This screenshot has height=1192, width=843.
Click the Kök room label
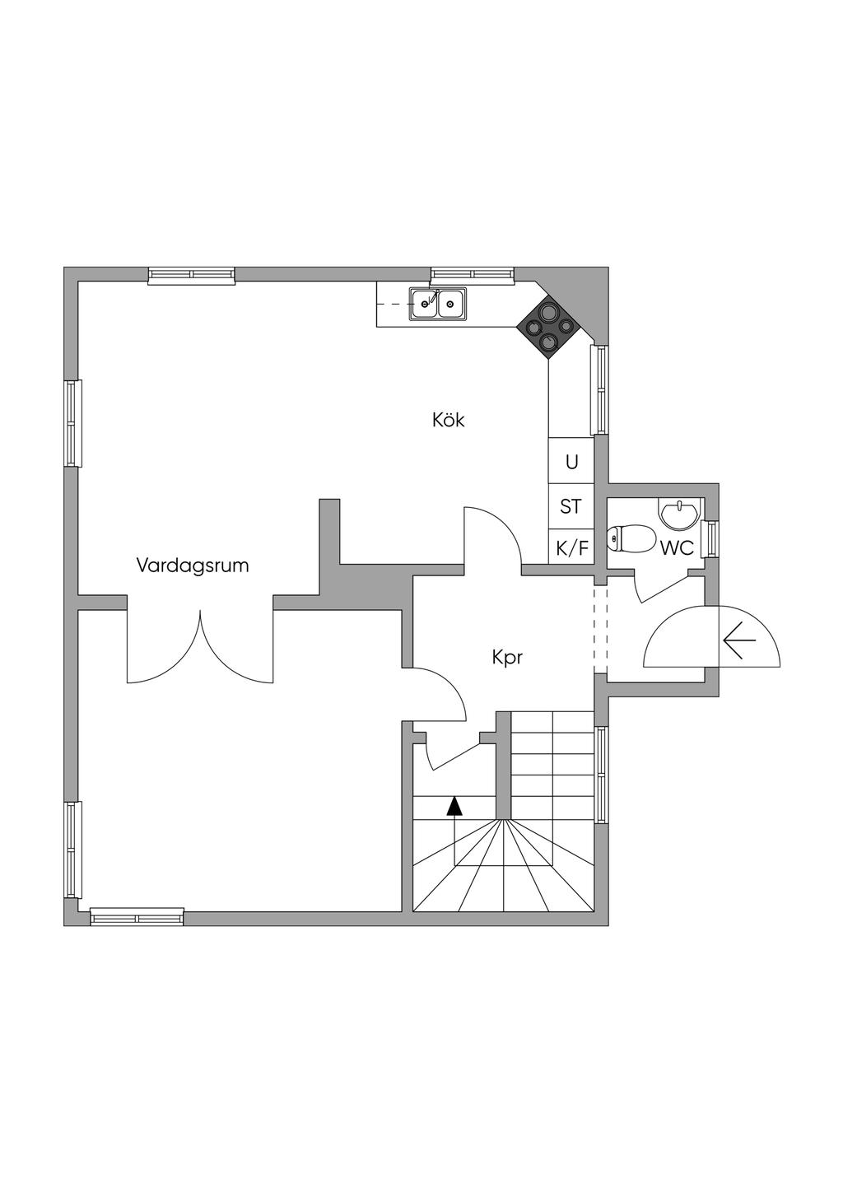449,420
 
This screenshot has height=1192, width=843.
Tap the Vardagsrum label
193,566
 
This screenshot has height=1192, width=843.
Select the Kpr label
507,658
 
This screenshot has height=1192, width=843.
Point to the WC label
677,547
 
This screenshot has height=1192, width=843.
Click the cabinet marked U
571,462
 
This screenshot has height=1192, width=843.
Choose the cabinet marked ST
571,506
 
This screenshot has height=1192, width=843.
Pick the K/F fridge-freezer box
572,547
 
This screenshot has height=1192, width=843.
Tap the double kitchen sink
437,304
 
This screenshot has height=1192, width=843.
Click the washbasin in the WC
679,514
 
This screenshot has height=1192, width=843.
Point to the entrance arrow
738,640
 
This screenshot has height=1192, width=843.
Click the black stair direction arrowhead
454,805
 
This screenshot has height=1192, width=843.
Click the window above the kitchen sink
472,275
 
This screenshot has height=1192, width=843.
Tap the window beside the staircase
602,775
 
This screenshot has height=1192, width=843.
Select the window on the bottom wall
137,916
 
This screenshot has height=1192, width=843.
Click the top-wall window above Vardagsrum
192,275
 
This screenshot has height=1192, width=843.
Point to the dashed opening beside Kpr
600,626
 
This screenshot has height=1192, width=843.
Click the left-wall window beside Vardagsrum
72,423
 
